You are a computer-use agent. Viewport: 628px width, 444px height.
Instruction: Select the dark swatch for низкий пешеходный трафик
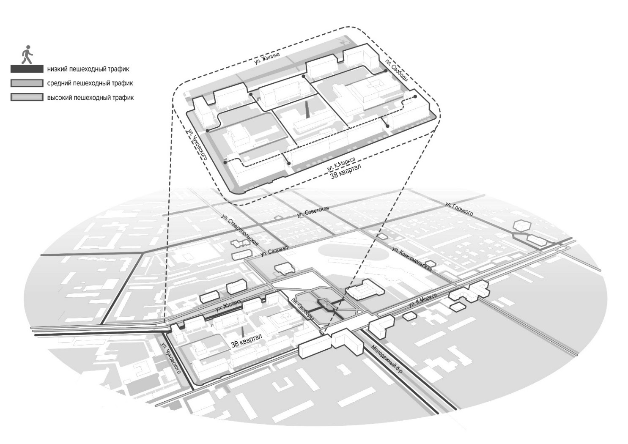(x=27, y=69)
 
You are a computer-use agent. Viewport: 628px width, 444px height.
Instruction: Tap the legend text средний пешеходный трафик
(x=90, y=83)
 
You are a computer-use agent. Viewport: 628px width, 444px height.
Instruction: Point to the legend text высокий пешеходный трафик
(x=90, y=98)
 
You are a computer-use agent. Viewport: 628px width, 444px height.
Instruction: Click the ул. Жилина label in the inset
(x=267, y=59)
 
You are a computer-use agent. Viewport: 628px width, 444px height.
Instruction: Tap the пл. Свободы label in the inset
(x=396, y=70)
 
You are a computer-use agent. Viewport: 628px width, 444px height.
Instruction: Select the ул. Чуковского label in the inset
(x=197, y=144)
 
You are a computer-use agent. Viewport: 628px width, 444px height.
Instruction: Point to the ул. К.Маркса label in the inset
(x=341, y=164)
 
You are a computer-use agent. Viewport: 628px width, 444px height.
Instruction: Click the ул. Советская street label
(x=313, y=211)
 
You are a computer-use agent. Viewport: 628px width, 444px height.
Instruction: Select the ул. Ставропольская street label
(x=239, y=230)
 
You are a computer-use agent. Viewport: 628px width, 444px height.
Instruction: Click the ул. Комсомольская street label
(x=412, y=258)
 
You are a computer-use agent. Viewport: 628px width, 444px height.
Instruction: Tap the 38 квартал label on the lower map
(x=247, y=341)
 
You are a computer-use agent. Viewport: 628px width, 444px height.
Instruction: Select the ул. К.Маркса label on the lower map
(x=423, y=300)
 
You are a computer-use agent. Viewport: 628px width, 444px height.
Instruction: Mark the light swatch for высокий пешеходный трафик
(x=27, y=98)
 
